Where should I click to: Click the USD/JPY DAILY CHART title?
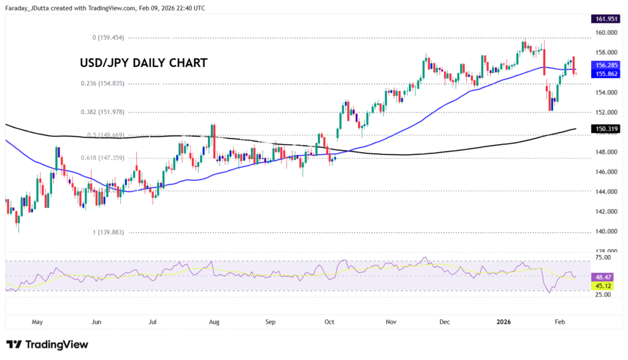(x=144, y=63)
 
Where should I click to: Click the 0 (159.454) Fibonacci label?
(x=108, y=37)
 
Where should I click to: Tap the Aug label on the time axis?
(x=213, y=321)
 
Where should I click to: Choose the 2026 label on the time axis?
(x=504, y=321)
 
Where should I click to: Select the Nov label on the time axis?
(x=390, y=321)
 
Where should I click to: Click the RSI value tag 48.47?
(x=602, y=277)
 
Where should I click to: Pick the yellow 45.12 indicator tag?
(x=602, y=285)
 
